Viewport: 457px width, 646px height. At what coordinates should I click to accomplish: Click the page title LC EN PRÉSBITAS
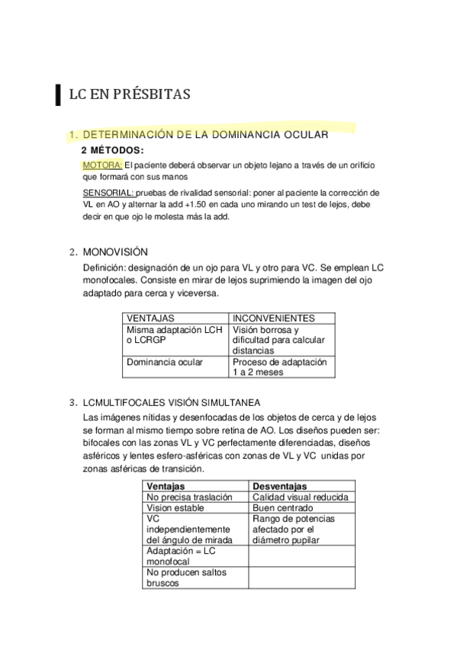129,94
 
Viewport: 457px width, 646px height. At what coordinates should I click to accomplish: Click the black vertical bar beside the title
60,94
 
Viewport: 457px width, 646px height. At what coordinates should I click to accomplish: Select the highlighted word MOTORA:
102,165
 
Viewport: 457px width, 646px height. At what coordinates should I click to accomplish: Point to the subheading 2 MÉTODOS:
112,150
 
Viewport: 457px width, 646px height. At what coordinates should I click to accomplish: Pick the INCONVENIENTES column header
272,318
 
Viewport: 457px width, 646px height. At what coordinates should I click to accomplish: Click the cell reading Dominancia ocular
165,362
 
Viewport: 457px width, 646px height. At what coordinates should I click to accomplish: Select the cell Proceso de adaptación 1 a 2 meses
279,367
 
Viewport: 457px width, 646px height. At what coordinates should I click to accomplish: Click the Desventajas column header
279,486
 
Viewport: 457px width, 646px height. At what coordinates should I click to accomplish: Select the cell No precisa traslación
188,497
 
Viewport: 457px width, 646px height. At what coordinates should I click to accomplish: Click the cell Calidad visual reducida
300,497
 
